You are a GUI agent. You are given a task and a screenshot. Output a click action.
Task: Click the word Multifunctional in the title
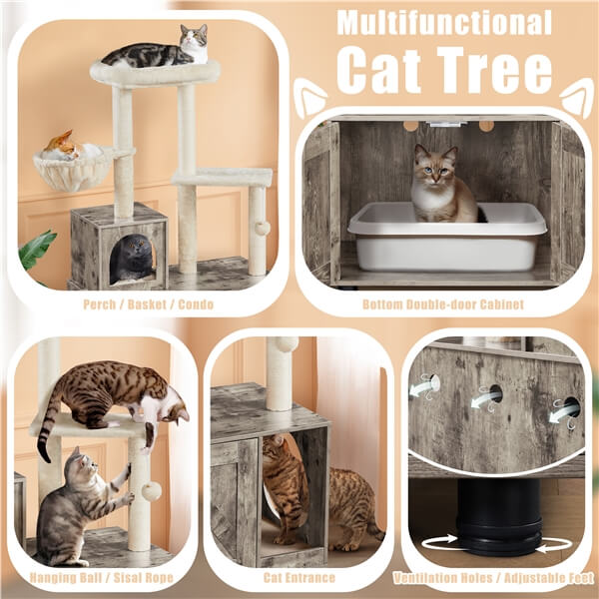[x=443, y=22]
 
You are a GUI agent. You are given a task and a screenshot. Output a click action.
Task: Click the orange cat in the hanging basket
[x=63, y=145]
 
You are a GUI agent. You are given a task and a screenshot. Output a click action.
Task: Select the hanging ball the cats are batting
[x=152, y=491]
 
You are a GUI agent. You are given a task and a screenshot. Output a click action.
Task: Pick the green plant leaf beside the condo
[x=37, y=250]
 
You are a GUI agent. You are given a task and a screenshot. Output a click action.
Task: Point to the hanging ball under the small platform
[x=261, y=228]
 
